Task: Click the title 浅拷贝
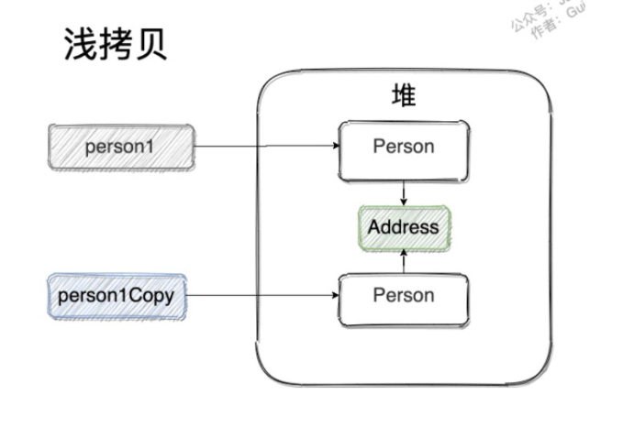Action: point(116,43)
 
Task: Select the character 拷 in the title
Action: point(116,43)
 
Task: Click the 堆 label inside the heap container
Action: point(404,95)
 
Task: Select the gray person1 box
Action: point(121,147)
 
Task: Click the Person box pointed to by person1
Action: point(404,148)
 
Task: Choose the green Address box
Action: point(404,226)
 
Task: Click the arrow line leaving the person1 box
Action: point(266,147)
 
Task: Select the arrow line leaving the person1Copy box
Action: point(261,296)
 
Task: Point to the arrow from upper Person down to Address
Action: point(404,192)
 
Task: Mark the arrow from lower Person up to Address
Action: point(404,261)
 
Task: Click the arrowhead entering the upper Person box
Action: point(335,147)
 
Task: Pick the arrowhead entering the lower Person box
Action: point(334,296)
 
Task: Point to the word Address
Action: point(404,226)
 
